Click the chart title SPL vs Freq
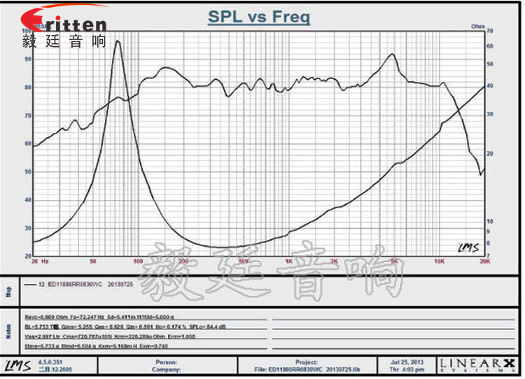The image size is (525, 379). pyautogui.click(x=259, y=17)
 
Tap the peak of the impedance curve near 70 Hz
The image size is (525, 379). pyautogui.click(x=117, y=41)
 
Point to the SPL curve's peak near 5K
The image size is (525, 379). pyautogui.click(x=393, y=55)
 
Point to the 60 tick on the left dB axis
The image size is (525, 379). pyautogui.click(x=27, y=143)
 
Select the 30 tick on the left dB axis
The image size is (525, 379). pyautogui.click(x=27, y=228)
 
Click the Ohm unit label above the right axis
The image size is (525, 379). pyautogui.click(x=478, y=26)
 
